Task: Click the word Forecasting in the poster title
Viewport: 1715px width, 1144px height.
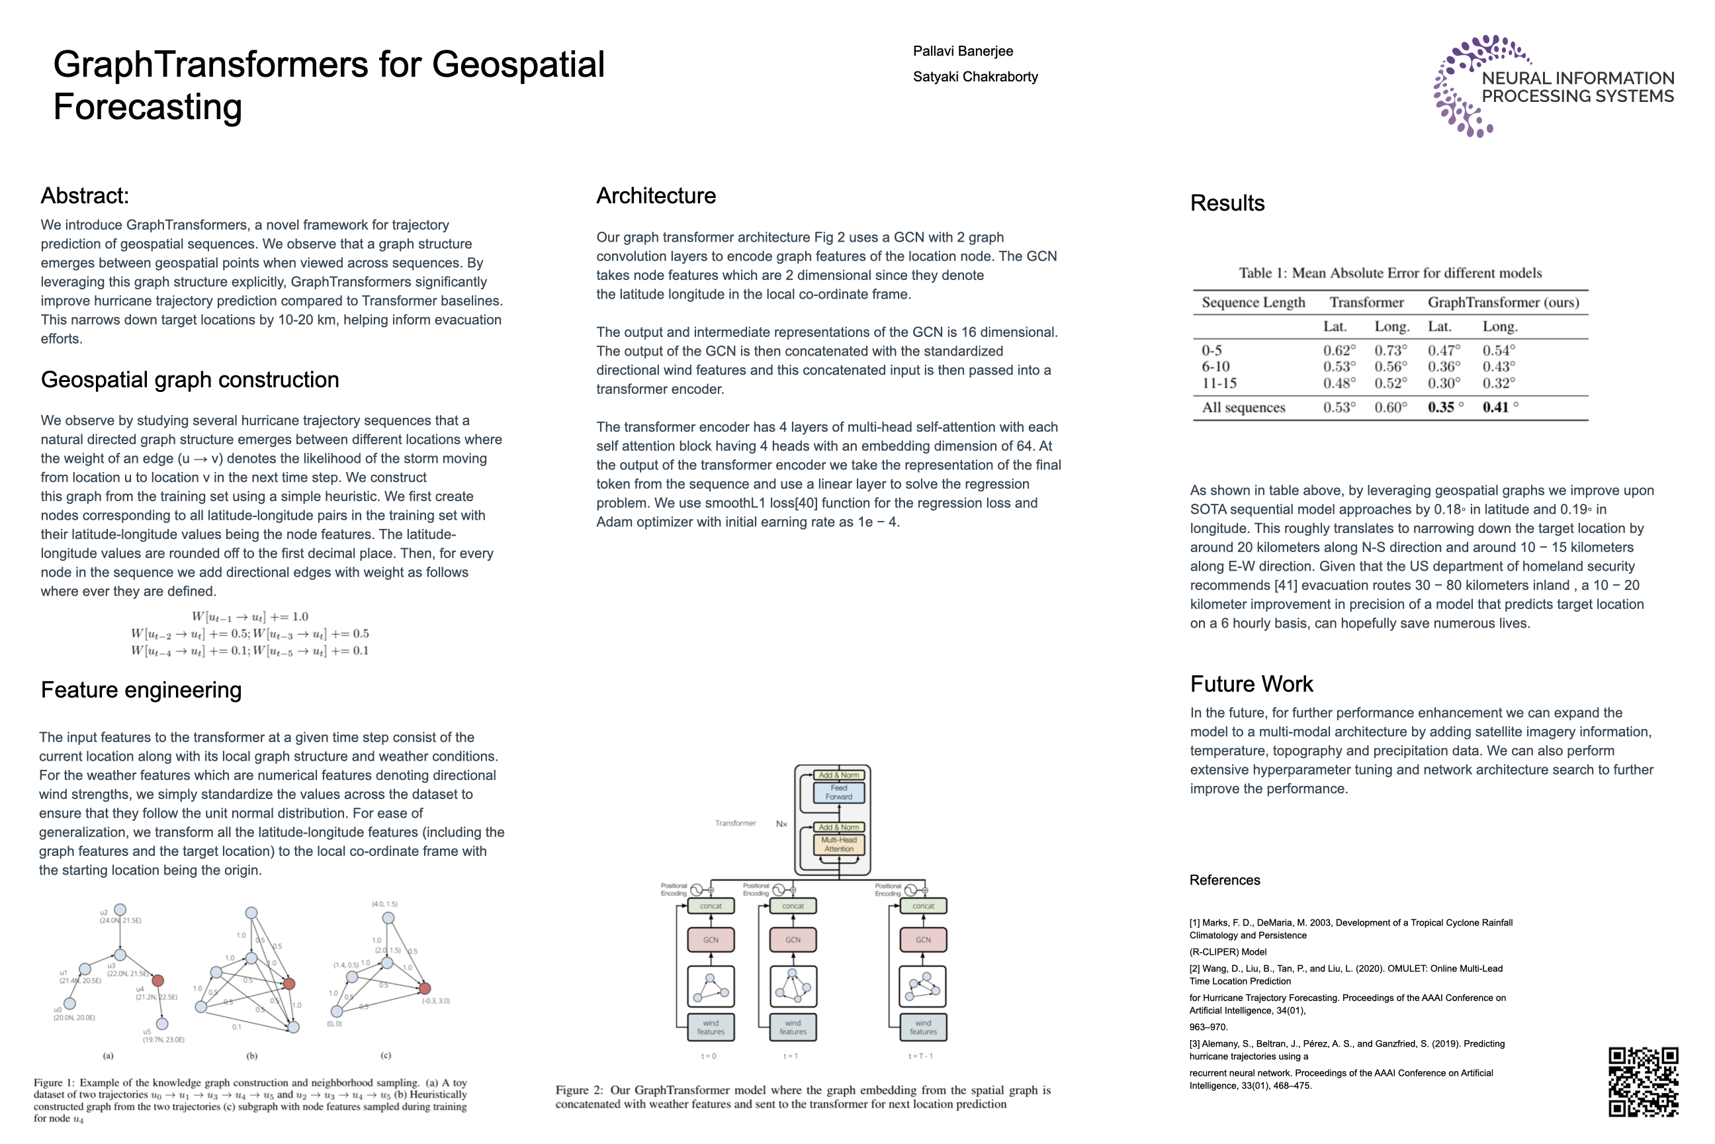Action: pyautogui.click(x=148, y=107)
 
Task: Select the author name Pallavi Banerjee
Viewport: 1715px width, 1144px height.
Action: pyautogui.click(x=963, y=51)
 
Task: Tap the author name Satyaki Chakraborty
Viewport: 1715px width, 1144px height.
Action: pyautogui.click(x=975, y=77)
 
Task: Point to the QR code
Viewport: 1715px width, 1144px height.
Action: pyautogui.click(x=1643, y=1081)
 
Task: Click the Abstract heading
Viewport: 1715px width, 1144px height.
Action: pyautogui.click(x=85, y=195)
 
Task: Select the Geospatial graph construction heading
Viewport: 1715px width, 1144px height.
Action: pyautogui.click(x=190, y=379)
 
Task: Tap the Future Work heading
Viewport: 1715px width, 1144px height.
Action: pyautogui.click(x=1251, y=684)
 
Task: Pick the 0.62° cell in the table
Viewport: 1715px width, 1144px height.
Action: pyautogui.click(x=1339, y=350)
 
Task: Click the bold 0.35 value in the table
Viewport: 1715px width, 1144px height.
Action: pyautogui.click(x=1441, y=407)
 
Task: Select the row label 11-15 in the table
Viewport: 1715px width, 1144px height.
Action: pyautogui.click(x=1219, y=383)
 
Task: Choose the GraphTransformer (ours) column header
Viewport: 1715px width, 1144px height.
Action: pyautogui.click(x=1503, y=302)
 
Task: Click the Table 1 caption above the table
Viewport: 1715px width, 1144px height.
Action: pyautogui.click(x=1389, y=273)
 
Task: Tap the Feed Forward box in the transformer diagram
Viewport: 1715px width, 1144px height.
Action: pyautogui.click(x=838, y=792)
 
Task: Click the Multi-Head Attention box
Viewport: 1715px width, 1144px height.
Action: pyautogui.click(x=838, y=844)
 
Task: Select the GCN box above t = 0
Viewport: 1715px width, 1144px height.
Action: pyautogui.click(x=710, y=939)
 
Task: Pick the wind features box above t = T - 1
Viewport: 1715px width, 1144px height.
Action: pyautogui.click(x=922, y=1027)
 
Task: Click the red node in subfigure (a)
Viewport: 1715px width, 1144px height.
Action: pyautogui.click(x=157, y=980)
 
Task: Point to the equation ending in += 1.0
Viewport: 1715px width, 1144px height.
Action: pyautogui.click(x=249, y=616)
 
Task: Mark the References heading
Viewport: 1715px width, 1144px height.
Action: pyautogui.click(x=1224, y=880)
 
